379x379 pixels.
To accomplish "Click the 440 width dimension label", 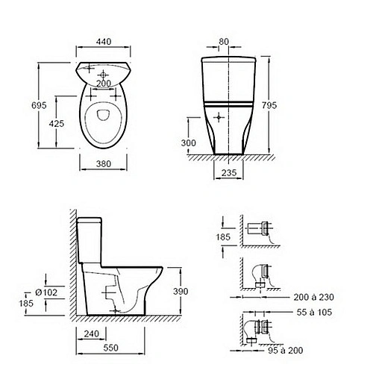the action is (104, 42).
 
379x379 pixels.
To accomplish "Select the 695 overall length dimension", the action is (39, 105).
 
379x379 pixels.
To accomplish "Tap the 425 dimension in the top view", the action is (57, 123).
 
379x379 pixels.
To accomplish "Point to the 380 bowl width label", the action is (104, 164).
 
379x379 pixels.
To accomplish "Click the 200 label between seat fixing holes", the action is (104, 84).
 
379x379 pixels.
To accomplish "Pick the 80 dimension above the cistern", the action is (224, 42).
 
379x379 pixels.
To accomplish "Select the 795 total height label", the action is (269, 105).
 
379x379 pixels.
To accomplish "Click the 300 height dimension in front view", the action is (188, 143).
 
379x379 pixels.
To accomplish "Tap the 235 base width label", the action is (229, 172).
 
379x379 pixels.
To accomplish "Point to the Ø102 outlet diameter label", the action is (46, 292).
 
